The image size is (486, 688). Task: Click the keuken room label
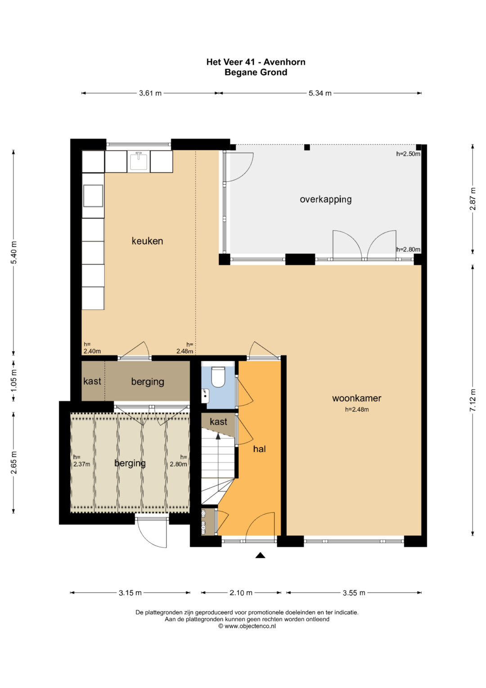(x=147, y=241)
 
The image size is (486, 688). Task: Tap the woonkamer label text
(x=356, y=398)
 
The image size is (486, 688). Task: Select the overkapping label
(x=325, y=200)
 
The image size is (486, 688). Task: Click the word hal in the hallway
(x=259, y=449)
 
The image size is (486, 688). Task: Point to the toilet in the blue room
(x=218, y=377)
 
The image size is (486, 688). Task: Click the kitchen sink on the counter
(x=139, y=161)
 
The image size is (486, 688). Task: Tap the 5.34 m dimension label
(x=320, y=93)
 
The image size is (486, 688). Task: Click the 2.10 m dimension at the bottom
(x=241, y=593)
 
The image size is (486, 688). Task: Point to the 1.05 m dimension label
(x=14, y=381)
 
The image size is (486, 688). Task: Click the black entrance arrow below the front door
(x=260, y=555)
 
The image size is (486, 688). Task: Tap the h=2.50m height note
(x=408, y=154)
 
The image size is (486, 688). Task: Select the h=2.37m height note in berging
(x=81, y=461)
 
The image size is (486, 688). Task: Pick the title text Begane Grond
(x=256, y=73)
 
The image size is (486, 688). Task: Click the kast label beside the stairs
(x=218, y=421)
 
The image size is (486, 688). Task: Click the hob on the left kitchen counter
(x=93, y=196)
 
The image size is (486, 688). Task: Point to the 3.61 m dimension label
(x=150, y=93)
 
